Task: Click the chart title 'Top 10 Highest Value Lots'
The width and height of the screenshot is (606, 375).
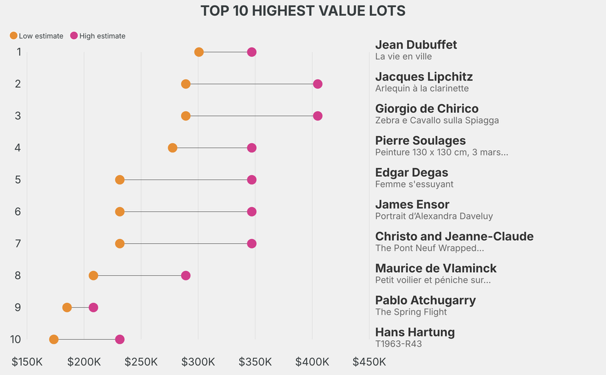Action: pos(302,11)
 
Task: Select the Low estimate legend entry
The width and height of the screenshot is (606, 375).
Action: pos(37,36)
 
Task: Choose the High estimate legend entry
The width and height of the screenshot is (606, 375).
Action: pos(98,36)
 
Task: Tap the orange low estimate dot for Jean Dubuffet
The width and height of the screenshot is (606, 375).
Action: pos(199,52)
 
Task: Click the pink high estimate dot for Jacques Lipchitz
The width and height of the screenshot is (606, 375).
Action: pos(317,84)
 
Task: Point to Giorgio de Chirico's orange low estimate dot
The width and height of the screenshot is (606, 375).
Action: pos(186,116)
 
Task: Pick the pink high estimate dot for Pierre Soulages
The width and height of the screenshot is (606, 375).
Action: pos(252,148)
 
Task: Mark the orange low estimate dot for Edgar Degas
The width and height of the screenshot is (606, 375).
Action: pos(120,180)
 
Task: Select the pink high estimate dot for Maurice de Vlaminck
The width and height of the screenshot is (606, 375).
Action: pos(186,276)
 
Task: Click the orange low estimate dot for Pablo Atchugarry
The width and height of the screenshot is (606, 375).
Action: pos(67,308)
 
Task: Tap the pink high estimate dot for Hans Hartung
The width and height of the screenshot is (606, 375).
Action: pos(120,340)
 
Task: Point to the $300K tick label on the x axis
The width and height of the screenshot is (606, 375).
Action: pos(198,361)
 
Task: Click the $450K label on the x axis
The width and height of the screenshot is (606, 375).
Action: pos(369,361)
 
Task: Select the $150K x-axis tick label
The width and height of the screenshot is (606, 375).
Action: pos(27,361)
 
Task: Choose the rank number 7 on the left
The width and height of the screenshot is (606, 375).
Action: pos(18,244)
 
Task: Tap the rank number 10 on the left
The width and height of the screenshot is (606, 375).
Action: pos(16,340)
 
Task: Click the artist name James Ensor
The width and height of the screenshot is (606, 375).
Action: pos(412,205)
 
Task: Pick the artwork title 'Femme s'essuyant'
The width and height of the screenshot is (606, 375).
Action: pos(414,185)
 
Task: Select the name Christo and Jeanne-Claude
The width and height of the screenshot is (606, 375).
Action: pos(454,237)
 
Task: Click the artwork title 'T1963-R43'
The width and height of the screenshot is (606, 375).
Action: pos(398,344)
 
